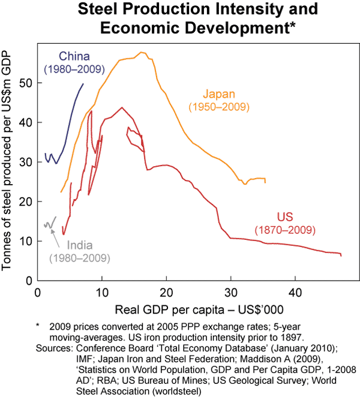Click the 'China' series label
[x=74, y=57]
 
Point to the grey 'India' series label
[x=80, y=245]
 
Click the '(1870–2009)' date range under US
[x=285, y=230]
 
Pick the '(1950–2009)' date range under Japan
[x=218, y=107]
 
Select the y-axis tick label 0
[x=28, y=280]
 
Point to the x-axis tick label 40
[x=295, y=293]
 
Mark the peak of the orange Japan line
[x=142, y=53]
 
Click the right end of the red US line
[x=341, y=255]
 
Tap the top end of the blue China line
[x=83, y=85]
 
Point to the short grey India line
[x=50, y=223]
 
